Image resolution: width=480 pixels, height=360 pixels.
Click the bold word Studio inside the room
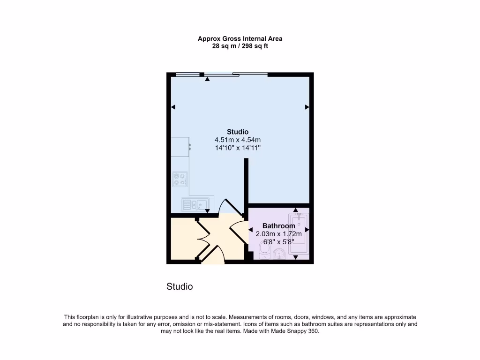[237, 132]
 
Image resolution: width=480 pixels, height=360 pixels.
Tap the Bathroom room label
[278, 226]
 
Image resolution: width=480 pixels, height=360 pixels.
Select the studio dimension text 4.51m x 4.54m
[237, 140]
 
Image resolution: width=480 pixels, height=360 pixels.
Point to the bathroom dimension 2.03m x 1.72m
[278, 234]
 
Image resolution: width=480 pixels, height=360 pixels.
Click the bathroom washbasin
[279, 255]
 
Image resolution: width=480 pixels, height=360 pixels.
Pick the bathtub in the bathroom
[299, 234]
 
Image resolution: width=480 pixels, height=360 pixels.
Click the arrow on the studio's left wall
[173, 107]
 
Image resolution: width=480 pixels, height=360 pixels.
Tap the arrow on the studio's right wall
[307, 107]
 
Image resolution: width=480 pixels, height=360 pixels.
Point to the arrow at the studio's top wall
[207, 79]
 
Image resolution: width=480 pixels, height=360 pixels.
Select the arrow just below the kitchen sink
[207, 211]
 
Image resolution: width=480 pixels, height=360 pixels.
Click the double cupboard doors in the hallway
[202, 239]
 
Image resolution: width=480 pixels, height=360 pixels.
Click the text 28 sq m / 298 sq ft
[240, 46]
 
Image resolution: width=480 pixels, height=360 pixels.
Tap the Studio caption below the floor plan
[180, 286]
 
